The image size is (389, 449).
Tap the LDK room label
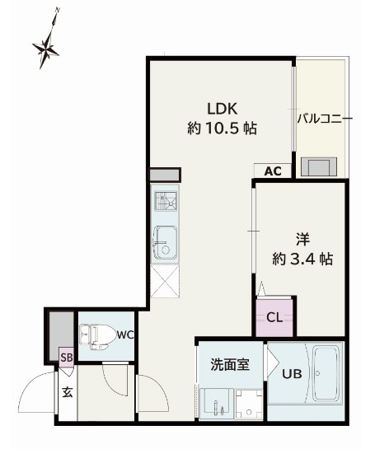coord(223,109)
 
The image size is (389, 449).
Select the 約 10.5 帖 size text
coord(223,129)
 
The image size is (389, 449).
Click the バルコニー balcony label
coord(325,119)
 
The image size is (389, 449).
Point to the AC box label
coord(273,171)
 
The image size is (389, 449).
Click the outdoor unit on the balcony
coord(318,166)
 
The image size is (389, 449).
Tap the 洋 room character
coord(302,240)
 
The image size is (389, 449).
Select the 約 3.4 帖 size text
coord(302,259)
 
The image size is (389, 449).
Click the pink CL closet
coord(274,317)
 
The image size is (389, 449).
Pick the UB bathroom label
coord(292,374)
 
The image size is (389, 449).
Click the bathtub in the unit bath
coord(327,373)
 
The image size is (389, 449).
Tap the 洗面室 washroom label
coord(230,364)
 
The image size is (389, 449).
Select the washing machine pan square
coord(249,405)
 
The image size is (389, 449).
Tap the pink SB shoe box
coord(67,357)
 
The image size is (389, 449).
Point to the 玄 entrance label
coord(68,392)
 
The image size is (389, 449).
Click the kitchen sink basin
coord(166,242)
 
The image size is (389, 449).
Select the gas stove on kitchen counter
coord(166,201)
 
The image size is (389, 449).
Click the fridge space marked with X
coord(165,281)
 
